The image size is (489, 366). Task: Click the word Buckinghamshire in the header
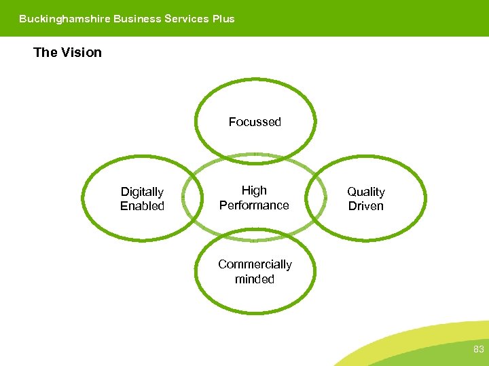point(65,19)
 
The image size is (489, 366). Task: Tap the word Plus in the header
point(223,19)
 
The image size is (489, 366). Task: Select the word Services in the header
point(187,19)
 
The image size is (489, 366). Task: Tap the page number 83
point(478,350)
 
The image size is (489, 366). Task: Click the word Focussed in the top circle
point(255,122)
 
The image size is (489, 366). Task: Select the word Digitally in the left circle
point(142,192)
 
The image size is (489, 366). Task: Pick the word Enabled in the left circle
point(142,206)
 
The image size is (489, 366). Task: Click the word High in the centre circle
point(254,190)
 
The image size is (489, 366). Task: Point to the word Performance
point(254,205)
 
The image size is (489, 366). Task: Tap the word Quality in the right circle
point(366,192)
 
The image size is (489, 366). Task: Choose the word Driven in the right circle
point(366,206)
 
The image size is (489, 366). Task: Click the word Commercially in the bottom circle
point(255,264)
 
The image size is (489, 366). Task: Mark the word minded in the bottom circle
point(255,279)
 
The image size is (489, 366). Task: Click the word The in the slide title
point(45,52)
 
